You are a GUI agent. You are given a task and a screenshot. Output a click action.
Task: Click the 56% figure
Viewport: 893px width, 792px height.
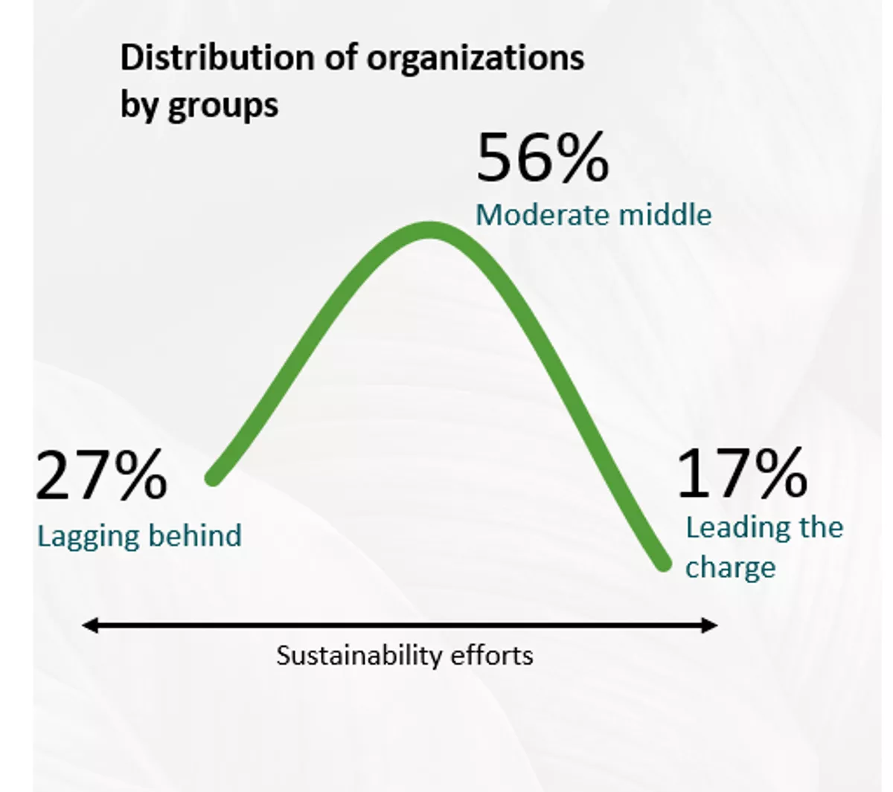542,158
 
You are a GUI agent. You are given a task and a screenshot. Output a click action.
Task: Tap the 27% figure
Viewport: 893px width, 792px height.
100,477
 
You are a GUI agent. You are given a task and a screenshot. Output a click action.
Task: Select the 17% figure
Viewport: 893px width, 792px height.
742,474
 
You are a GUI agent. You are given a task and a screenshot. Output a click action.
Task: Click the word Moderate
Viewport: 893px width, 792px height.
534,215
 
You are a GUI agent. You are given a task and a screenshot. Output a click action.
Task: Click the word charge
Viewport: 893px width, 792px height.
730,568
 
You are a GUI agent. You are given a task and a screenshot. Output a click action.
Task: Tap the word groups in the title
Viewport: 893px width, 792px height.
223,105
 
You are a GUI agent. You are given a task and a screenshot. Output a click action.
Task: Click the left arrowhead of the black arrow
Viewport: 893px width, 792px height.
89,626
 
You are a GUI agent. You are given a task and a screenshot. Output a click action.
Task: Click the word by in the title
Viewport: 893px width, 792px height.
139,105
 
